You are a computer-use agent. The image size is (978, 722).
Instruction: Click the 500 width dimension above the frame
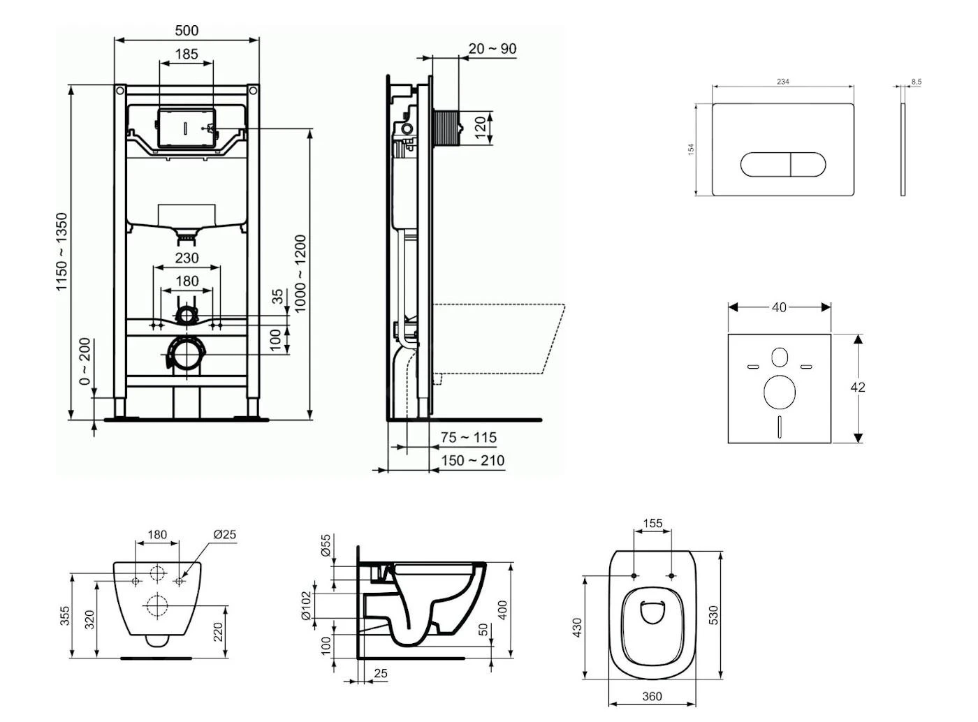tap(187, 30)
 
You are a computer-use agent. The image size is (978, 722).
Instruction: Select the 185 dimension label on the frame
tap(187, 53)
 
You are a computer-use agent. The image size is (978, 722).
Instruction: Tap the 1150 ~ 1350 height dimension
tap(62, 252)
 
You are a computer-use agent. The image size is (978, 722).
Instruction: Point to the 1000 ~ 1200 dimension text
tap(300, 274)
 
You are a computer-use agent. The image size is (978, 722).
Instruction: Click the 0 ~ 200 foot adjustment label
tap(85, 362)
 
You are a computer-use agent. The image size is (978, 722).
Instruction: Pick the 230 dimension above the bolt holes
tap(187, 258)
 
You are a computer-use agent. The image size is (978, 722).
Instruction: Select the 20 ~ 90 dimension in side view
tap(492, 48)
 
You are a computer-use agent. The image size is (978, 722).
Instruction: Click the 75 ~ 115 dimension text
tap(469, 437)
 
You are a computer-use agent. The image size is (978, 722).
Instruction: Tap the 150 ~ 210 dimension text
tap(472, 460)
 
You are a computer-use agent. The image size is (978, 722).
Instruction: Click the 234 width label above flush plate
tap(782, 82)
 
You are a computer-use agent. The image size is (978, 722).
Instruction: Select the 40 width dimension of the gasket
tap(779, 307)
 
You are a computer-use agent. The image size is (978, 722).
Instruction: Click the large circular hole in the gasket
tap(780, 392)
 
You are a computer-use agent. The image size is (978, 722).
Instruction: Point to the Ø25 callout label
tap(224, 534)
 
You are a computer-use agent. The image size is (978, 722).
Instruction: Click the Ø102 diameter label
tap(305, 605)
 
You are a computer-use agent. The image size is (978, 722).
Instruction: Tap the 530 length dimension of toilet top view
tap(713, 615)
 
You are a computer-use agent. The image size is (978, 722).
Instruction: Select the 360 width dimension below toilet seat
tap(651, 696)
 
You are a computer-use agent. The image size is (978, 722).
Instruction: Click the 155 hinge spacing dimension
tap(652, 523)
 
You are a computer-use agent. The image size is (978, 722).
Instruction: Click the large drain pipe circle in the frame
tap(187, 355)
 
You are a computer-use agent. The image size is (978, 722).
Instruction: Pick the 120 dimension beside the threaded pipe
tap(481, 128)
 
